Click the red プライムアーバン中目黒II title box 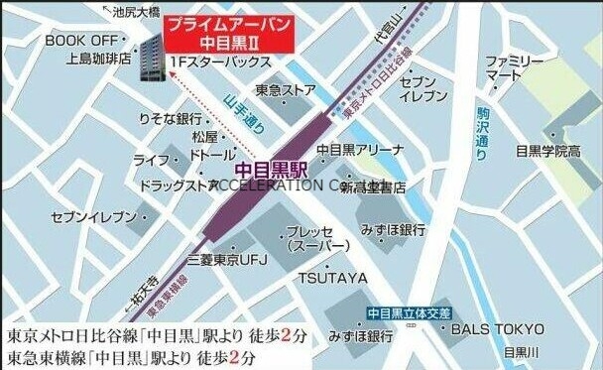click(230, 32)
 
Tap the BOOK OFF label click(80, 40)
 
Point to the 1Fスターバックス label click(220, 62)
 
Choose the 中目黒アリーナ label click(360, 150)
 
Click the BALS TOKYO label click(498, 329)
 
